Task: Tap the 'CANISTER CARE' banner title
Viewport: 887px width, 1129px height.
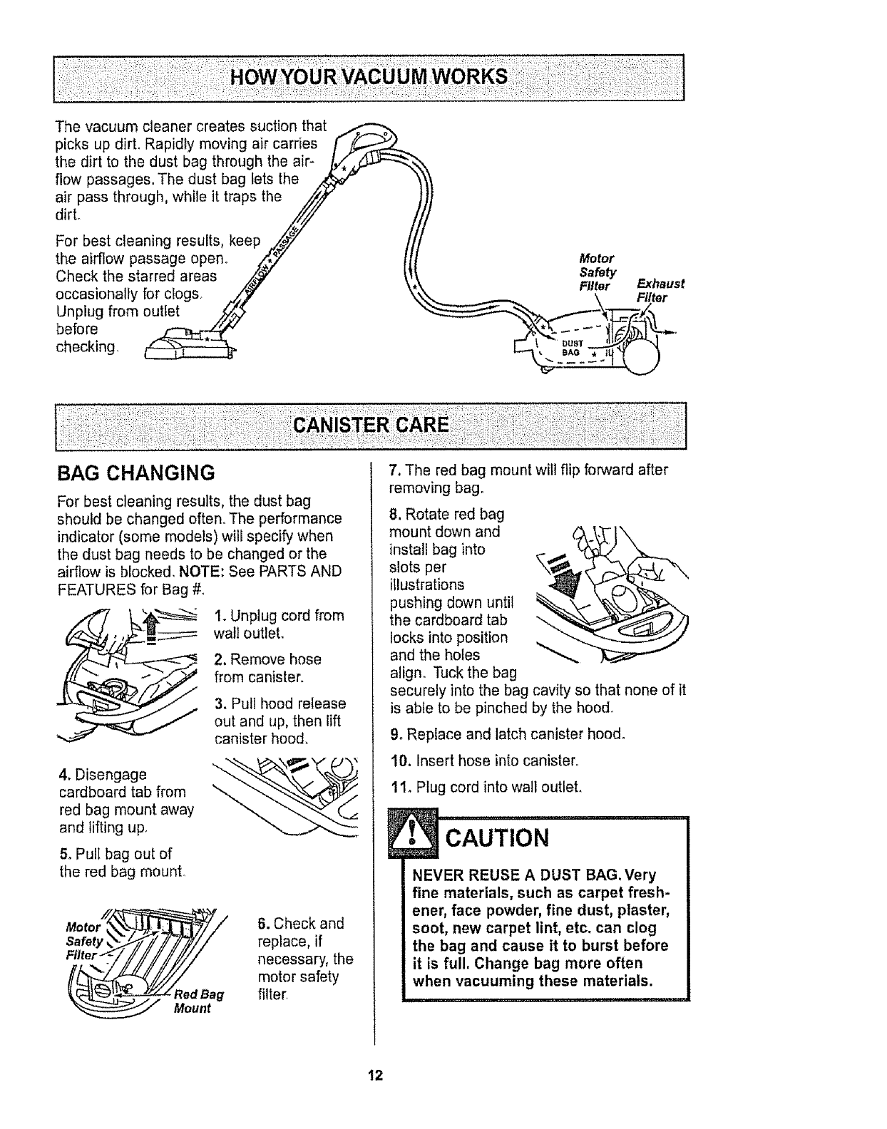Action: pyautogui.click(x=371, y=426)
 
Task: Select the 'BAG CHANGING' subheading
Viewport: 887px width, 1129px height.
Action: pyautogui.click(x=135, y=473)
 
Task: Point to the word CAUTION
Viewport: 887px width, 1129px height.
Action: pyautogui.click(x=496, y=838)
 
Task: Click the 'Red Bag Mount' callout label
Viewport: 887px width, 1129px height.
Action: pyautogui.click(x=200, y=1001)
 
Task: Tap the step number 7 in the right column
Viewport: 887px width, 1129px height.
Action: pyautogui.click(x=393, y=470)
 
